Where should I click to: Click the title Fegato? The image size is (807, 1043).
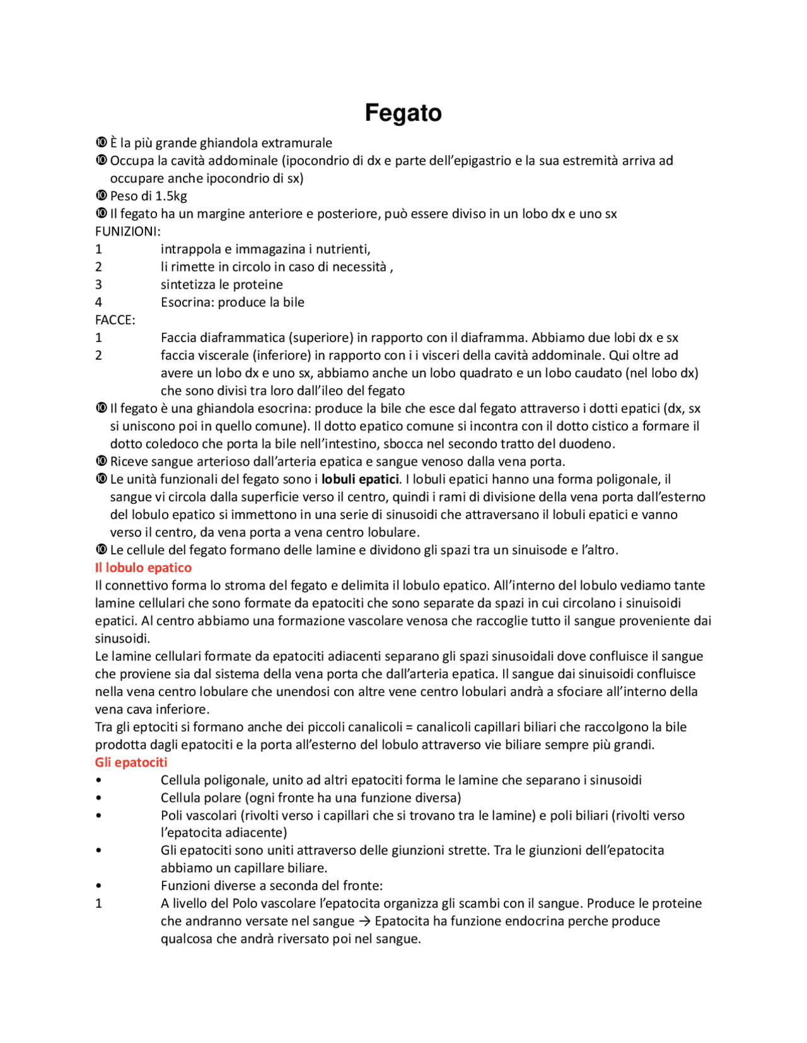[x=403, y=113]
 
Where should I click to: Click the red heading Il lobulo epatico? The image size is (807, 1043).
[x=143, y=567]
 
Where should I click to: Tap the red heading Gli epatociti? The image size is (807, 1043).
[x=131, y=762]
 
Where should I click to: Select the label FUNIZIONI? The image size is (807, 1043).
[x=128, y=231]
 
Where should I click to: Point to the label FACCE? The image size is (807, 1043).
[x=115, y=320]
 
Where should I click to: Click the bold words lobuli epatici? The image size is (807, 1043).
[x=360, y=479]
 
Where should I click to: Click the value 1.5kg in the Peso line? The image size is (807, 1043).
[x=171, y=196]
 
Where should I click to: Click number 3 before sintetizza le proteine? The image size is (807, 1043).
[x=98, y=285]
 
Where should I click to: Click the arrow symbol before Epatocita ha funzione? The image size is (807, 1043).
[x=364, y=921]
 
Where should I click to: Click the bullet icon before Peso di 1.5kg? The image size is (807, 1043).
[x=101, y=196]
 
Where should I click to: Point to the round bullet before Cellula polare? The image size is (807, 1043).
[x=98, y=798]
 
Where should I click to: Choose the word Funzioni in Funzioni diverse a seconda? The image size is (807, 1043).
[x=186, y=886]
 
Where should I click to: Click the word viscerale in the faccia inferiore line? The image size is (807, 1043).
[x=220, y=355]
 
